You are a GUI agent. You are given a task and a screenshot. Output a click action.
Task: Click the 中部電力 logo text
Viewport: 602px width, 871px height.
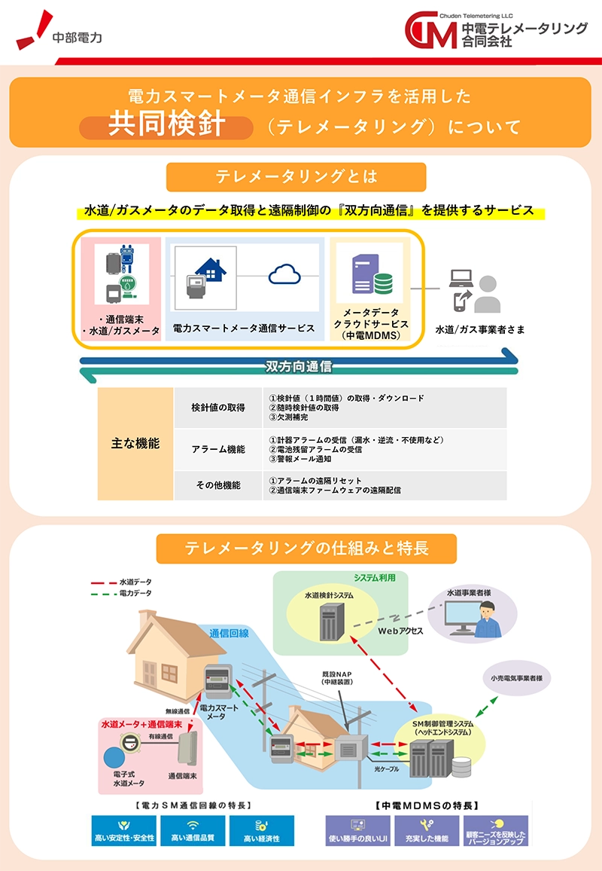point(78,37)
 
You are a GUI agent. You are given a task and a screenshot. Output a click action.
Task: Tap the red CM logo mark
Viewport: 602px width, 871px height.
point(430,31)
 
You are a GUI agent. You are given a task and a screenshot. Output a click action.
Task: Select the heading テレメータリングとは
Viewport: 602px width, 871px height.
point(296,177)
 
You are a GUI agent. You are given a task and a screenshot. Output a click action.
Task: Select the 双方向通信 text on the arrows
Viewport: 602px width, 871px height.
point(299,367)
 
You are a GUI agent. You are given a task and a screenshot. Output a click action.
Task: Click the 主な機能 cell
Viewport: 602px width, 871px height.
point(135,444)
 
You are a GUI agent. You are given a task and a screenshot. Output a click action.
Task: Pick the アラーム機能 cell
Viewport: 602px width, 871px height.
point(218,450)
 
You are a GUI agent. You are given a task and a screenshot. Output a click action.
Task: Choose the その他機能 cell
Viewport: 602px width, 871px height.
point(218,486)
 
